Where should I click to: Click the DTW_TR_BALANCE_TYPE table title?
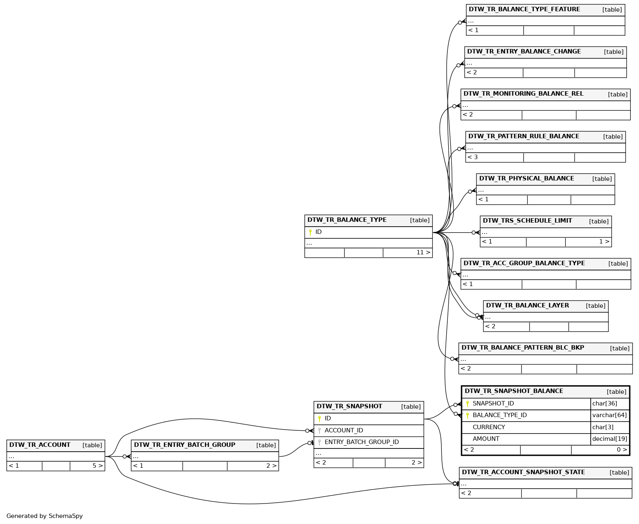[347, 220]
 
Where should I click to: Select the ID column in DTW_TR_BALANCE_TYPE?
[318, 232]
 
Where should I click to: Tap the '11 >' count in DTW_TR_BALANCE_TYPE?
[423, 253]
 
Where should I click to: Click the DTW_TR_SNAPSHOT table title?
[349, 407]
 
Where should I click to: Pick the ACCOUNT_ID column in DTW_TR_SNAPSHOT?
[344, 431]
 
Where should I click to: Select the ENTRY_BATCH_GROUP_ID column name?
[361, 442]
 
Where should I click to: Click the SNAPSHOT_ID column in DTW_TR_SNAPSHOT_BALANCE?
[493, 404]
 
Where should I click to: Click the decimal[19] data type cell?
[609, 439]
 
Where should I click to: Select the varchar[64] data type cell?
[609, 416]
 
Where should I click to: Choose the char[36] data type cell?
[604, 404]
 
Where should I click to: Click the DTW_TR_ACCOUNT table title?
[40, 445]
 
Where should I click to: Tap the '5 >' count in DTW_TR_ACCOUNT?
[97, 466]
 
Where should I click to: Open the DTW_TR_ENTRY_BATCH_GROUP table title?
[184, 445]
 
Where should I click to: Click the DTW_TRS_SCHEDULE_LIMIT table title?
[527, 221]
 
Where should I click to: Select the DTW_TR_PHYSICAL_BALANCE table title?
[526, 179]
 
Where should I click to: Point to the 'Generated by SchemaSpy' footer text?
[44, 516]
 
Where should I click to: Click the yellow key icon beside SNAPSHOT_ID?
[467, 404]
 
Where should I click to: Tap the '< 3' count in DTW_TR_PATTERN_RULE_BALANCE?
[472, 158]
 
